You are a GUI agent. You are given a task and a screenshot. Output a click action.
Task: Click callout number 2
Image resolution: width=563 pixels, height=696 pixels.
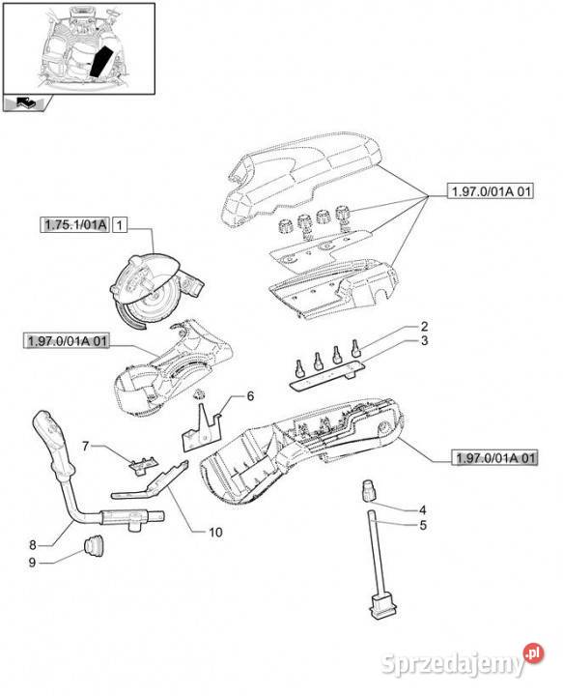[x=424, y=327]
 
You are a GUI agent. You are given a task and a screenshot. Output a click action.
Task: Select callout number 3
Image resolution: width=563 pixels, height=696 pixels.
[x=424, y=341]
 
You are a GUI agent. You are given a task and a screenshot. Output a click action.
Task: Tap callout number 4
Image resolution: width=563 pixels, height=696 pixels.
[x=422, y=510]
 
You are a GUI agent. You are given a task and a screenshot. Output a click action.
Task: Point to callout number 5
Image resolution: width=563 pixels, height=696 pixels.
[x=422, y=525]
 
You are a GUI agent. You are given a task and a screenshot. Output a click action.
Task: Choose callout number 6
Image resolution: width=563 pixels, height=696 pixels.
[x=250, y=395]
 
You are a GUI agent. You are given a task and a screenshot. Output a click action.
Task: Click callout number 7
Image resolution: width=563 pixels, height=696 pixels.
[x=86, y=446]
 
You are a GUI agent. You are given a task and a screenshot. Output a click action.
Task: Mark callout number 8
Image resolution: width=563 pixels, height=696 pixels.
[x=33, y=544]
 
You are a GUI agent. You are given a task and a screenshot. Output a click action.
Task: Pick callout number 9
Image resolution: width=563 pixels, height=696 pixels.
[x=32, y=563]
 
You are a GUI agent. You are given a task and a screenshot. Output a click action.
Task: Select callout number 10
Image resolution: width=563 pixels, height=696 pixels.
[x=215, y=532]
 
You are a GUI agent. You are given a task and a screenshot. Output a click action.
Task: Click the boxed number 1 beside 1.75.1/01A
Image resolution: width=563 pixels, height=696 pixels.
[x=119, y=225]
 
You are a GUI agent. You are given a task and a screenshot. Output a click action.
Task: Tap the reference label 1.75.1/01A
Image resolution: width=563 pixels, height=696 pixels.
[x=75, y=224]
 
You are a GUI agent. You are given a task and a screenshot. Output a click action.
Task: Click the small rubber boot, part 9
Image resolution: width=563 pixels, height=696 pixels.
[x=94, y=545]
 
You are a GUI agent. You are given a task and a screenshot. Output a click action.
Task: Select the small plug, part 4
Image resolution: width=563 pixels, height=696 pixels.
[x=369, y=490]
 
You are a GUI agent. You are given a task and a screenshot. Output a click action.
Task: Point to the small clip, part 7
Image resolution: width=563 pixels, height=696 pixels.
[x=143, y=465]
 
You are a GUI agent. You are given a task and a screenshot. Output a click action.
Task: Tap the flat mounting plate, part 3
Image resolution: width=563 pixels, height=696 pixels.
[x=328, y=374]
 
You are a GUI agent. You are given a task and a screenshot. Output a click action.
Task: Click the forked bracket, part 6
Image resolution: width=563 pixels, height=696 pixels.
[x=202, y=428]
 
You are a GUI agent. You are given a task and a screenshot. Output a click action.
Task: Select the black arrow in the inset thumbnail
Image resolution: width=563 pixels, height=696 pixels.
[x=102, y=61]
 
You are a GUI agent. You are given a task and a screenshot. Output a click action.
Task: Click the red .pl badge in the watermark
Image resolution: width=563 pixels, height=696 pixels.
[x=533, y=652]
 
